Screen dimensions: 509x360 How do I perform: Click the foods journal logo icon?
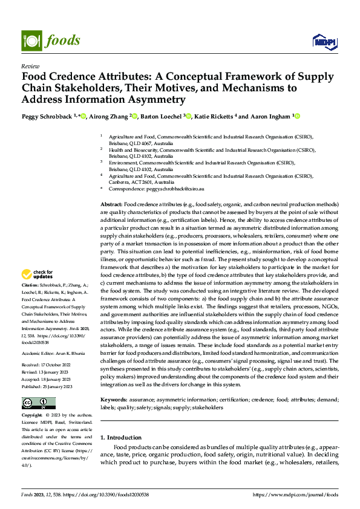click(31, 40)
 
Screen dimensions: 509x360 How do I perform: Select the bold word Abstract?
click(111, 205)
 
